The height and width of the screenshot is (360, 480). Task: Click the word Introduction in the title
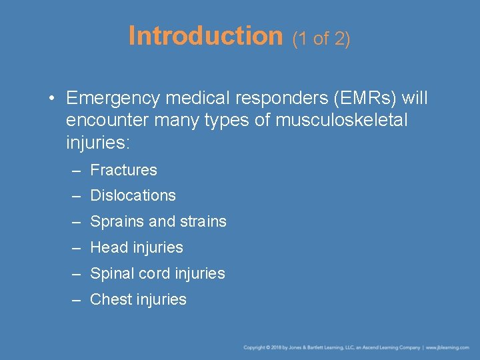[205, 36]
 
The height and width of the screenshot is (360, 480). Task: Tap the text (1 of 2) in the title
[321, 39]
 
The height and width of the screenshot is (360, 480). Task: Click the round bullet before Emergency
[51, 99]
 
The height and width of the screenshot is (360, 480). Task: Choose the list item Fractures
[123, 170]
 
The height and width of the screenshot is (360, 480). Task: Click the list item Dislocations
[133, 196]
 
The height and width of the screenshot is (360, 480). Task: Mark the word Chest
[111, 299]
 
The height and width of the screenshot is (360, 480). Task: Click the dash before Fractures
[77, 171]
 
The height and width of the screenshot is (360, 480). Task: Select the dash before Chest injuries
[77, 300]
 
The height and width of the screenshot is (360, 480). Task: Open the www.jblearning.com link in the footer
[449, 348]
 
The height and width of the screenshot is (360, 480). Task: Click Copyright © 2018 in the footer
[261, 348]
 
